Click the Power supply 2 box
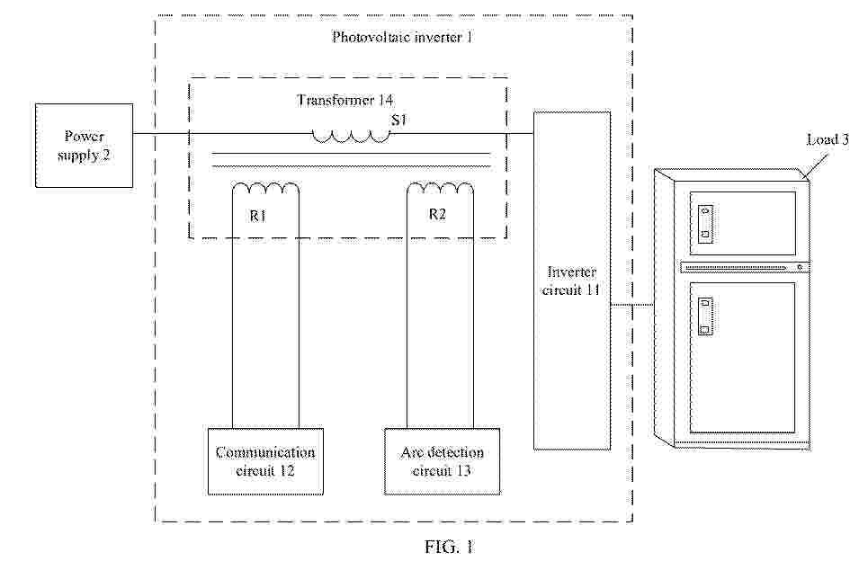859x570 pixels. [x=84, y=145]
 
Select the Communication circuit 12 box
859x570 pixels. [x=264, y=460]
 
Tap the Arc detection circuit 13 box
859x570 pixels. [x=442, y=460]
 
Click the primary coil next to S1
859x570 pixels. [x=352, y=137]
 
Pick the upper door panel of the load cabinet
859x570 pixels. [x=742, y=223]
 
